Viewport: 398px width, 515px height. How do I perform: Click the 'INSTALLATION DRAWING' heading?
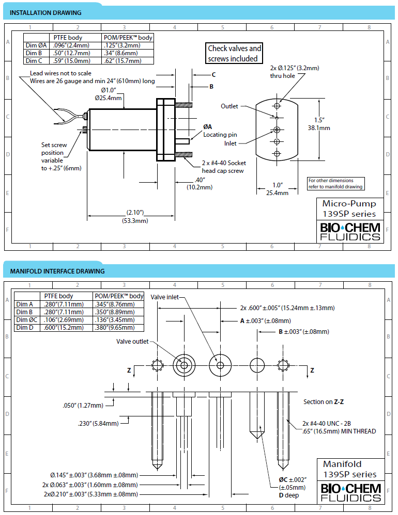pos(45,13)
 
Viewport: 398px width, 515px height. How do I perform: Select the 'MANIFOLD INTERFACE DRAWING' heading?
pos(57,271)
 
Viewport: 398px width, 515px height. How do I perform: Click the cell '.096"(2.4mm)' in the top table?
pos(71,45)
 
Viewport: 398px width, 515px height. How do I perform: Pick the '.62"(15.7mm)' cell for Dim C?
pos(123,61)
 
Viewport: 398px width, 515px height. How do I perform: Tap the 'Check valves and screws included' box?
pos(234,53)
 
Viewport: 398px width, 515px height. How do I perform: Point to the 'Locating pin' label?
pos(220,135)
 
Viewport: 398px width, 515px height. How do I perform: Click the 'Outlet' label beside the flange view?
pos(229,106)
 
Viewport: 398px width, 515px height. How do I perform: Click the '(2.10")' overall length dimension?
pos(135,213)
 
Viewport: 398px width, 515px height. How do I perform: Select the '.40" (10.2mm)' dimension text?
pos(200,184)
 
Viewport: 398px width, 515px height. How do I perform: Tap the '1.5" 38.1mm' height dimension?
pos(319,124)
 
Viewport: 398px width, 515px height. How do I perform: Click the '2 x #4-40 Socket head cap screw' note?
pos(224,167)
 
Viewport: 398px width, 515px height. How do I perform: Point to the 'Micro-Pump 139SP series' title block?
pos(349,208)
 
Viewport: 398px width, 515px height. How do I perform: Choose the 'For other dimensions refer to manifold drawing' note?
pos(335,184)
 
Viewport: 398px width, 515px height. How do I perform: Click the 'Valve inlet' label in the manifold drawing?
pos(164,297)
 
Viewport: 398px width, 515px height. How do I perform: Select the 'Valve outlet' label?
pos(132,342)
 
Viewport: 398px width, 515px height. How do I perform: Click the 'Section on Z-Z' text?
pos(324,402)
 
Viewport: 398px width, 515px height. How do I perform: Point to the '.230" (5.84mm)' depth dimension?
pos(98,424)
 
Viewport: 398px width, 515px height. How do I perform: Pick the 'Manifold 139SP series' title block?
pos(350,470)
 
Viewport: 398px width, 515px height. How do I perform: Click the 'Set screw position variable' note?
pos(61,156)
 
